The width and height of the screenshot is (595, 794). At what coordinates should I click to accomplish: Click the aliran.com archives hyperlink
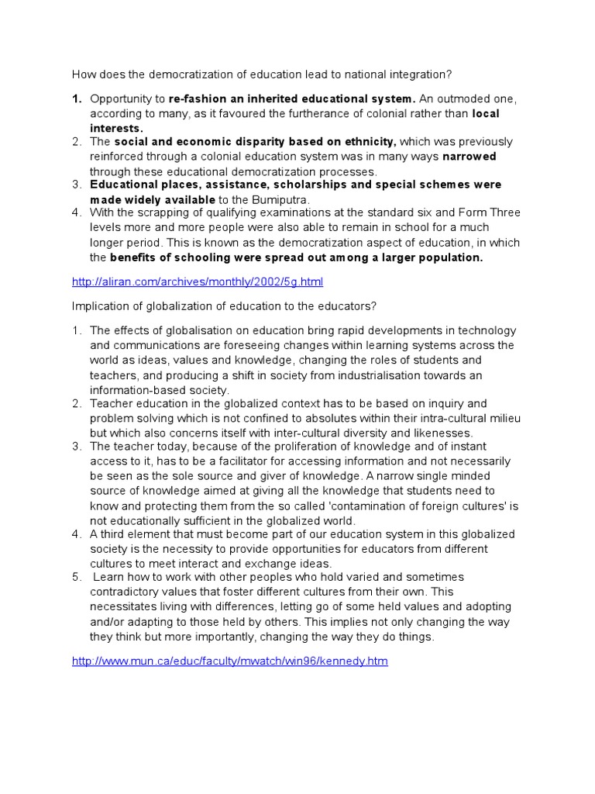(198, 281)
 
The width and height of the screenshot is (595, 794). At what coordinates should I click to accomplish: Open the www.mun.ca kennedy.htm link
(229, 661)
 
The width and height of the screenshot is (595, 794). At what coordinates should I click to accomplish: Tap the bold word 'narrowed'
(469, 157)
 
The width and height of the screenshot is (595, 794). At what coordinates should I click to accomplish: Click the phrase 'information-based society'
(159, 390)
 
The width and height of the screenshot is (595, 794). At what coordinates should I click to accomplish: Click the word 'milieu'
(503, 418)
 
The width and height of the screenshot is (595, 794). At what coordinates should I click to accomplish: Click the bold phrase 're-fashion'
(197, 99)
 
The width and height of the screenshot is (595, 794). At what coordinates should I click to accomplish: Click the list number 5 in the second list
(77, 578)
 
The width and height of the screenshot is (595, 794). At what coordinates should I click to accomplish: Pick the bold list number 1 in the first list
(77, 99)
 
